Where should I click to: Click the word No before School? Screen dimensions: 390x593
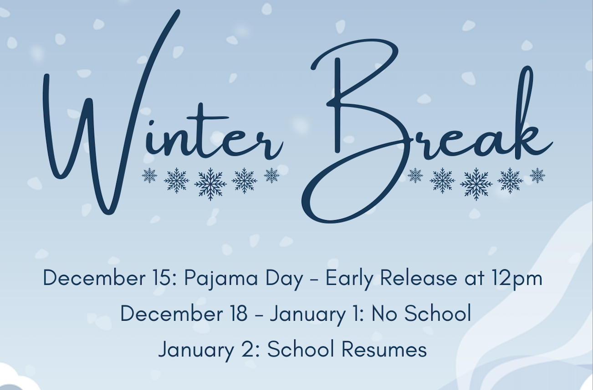pyautogui.click(x=384, y=313)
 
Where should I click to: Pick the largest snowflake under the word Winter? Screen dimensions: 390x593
pyautogui.click(x=210, y=183)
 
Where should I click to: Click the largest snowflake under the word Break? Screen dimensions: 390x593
pyautogui.click(x=476, y=183)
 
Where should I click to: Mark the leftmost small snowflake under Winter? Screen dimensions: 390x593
pyautogui.click(x=149, y=175)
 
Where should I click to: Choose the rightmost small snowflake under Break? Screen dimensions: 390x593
pyautogui.click(x=537, y=175)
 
